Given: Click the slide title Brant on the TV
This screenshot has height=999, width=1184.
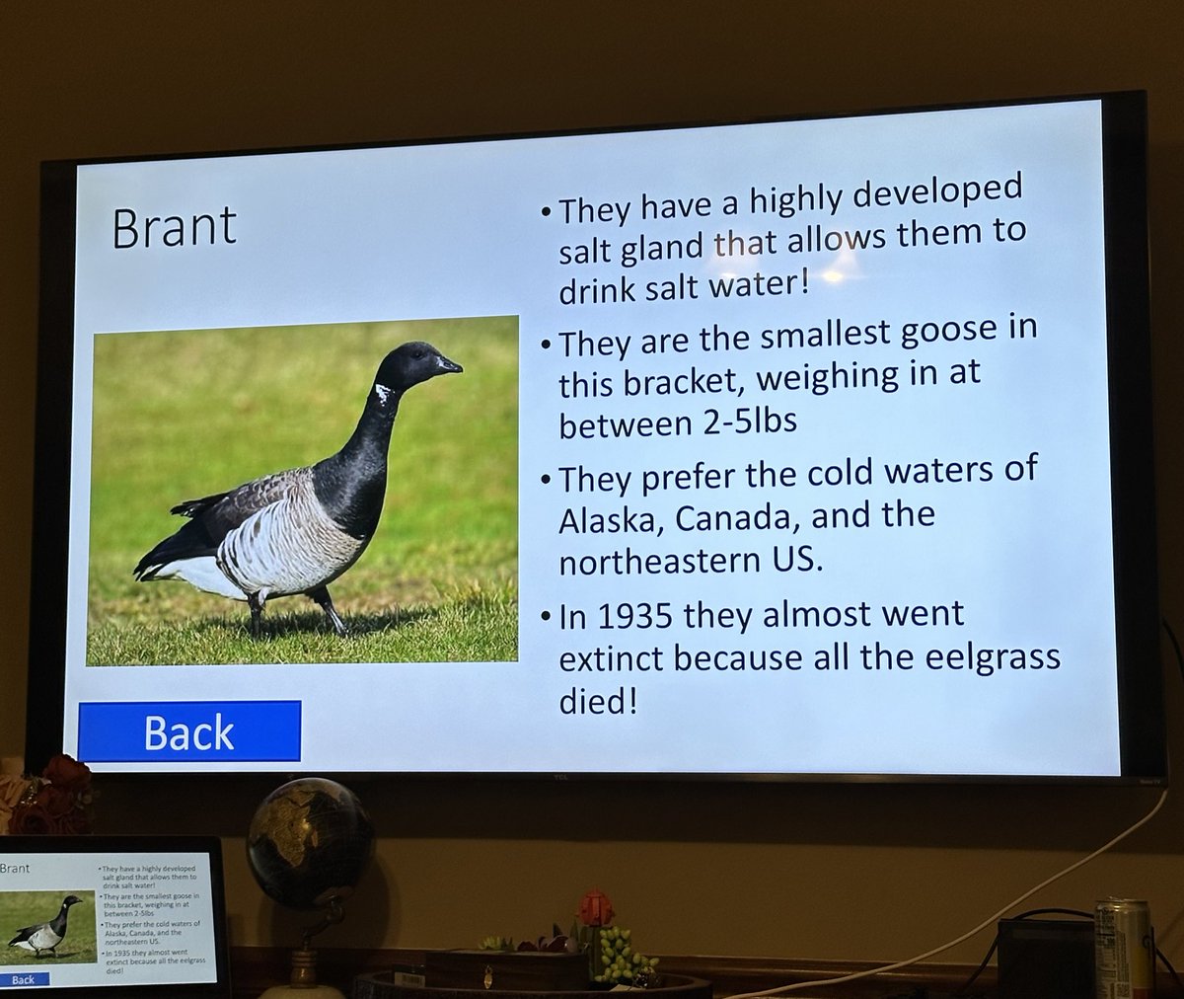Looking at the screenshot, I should point(175,227).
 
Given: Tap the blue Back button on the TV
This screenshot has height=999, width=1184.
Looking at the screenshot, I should point(189,731).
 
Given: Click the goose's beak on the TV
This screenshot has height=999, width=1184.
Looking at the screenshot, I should point(450,366).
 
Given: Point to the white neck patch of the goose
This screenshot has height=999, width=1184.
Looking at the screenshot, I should point(384,396).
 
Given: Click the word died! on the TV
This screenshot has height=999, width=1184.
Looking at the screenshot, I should point(593,703).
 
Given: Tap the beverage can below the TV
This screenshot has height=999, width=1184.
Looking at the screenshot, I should point(1122,947).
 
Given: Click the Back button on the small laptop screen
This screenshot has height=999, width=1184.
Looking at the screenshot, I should point(23,979).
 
